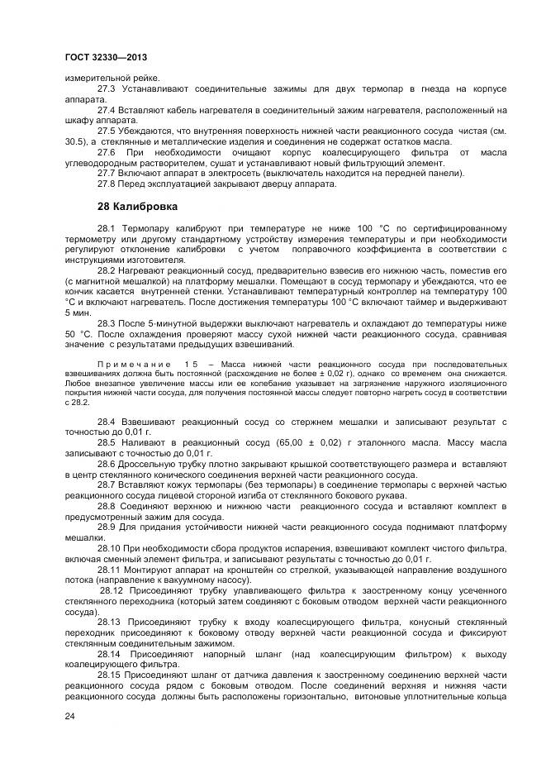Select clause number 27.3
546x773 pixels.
(x=107, y=88)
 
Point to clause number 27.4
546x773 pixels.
(x=107, y=109)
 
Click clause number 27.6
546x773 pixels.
(x=107, y=152)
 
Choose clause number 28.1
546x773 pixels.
(x=107, y=227)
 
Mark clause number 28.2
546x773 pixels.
(x=107, y=270)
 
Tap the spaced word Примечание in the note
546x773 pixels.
(x=134, y=364)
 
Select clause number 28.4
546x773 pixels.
(x=107, y=422)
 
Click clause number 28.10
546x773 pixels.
(x=109, y=549)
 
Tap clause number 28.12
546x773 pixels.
(x=112, y=592)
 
